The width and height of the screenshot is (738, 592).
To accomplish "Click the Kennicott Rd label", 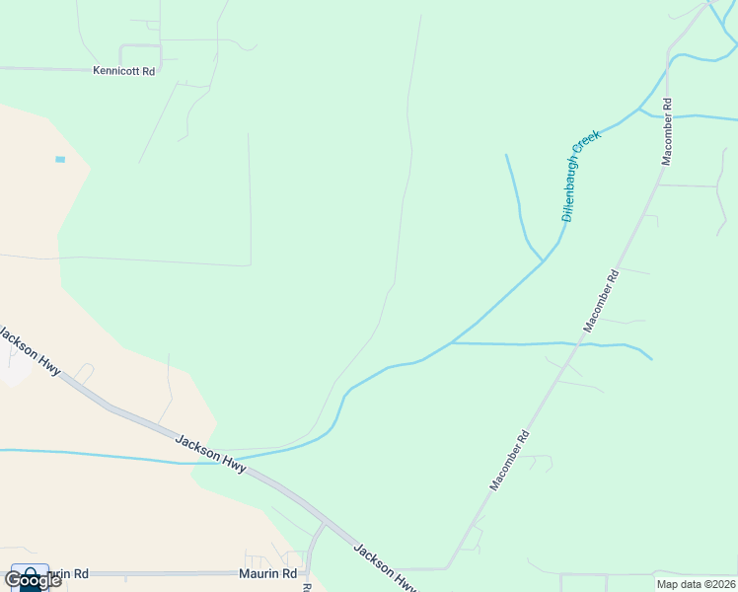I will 124,71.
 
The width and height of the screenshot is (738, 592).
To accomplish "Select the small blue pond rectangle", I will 60,159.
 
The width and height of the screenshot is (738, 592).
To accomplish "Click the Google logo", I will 32,579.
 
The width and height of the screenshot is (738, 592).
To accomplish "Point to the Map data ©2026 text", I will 696,584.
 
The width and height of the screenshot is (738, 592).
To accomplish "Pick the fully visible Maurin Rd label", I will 267,573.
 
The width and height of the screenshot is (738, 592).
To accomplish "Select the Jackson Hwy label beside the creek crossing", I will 210,451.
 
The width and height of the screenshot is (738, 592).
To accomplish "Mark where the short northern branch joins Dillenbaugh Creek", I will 543,261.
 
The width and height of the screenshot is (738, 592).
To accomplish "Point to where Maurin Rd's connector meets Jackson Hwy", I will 322,523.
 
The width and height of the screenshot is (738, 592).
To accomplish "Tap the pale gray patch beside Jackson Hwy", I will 14,367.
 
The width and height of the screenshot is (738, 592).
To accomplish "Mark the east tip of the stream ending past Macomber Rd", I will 651,358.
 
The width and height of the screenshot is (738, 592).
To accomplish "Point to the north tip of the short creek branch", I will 506,155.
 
